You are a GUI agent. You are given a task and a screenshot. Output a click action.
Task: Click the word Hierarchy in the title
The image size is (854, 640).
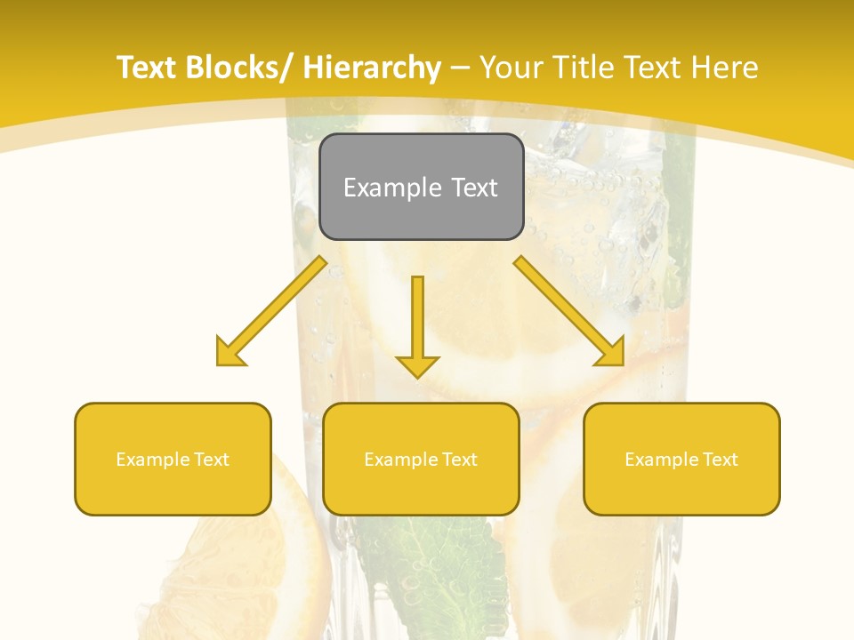coord(372,68)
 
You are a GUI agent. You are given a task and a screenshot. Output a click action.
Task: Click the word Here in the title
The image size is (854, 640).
coord(723,68)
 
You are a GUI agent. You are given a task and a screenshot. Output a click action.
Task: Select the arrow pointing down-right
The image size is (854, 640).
coord(570,311)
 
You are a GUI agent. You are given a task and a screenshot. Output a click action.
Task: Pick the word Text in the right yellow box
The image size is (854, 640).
coord(721,460)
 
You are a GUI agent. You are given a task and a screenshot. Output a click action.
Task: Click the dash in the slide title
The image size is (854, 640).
coord(460,68)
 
